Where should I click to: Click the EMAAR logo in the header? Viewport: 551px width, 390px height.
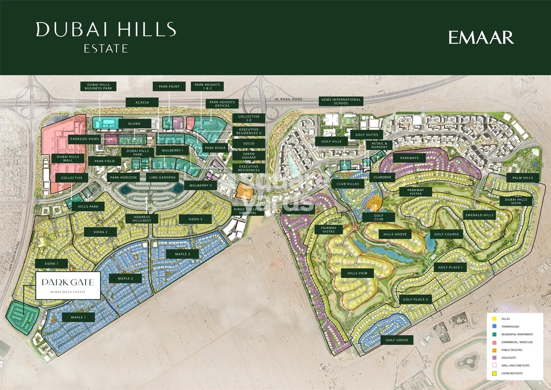[481, 38]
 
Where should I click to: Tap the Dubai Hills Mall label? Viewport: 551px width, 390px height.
[68, 159]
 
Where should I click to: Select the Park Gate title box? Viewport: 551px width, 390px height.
[68, 286]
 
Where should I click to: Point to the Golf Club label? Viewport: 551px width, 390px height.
[378, 217]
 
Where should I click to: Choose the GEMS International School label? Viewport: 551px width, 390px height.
[341, 101]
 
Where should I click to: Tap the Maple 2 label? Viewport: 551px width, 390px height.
[125, 278]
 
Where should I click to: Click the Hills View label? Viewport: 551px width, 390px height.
[357, 273]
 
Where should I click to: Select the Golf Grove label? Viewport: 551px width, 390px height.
[397, 340]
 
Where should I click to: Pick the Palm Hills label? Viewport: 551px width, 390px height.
[522, 178]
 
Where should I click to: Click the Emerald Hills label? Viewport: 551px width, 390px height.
[479, 215]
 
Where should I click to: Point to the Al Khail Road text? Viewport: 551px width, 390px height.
[288, 99]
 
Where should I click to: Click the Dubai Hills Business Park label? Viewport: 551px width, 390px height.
[98, 86]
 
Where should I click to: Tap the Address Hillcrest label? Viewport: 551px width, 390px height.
[142, 219]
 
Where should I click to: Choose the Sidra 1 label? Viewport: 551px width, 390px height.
[57, 263]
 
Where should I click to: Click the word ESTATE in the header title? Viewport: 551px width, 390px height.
[106, 49]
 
